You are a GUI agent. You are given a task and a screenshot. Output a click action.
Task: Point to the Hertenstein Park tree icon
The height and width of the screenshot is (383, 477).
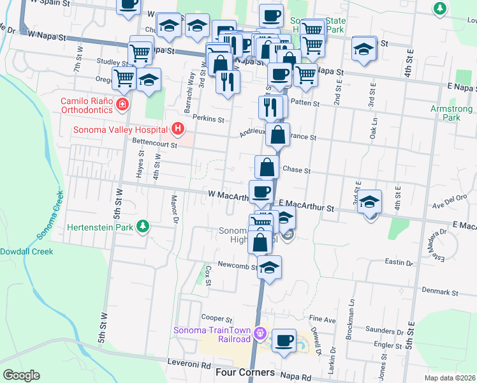[x=144, y=226]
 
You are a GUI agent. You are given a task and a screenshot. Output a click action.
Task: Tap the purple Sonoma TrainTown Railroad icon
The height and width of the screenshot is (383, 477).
[x=259, y=333]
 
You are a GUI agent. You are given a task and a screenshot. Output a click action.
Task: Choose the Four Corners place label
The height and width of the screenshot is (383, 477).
[x=246, y=372]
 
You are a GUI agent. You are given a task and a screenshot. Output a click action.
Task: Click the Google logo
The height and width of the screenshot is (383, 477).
[x=21, y=375]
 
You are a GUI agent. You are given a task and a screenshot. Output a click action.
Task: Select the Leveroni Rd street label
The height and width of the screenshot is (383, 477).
[x=189, y=364]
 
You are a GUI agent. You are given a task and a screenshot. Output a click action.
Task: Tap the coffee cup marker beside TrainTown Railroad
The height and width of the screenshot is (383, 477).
[x=284, y=340]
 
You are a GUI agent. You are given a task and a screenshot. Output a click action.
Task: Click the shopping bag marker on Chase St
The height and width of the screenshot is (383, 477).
[x=267, y=167]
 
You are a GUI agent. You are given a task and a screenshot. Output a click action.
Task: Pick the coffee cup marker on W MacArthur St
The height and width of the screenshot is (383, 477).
[x=260, y=191]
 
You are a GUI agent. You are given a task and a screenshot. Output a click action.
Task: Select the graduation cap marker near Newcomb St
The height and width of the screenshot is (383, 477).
[x=270, y=267]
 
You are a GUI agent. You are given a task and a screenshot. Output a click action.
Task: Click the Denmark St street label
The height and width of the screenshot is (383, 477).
[x=443, y=292]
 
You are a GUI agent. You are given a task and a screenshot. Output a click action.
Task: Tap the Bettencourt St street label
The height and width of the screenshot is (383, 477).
[x=154, y=144]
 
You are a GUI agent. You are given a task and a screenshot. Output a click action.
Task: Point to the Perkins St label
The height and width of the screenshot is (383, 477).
[x=210, y=119]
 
